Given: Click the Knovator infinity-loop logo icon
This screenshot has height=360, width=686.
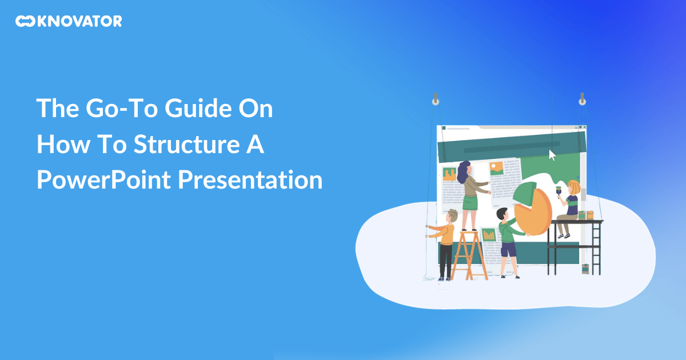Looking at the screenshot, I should coord(25,22).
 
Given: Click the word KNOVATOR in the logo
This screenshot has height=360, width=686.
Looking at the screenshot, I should coord(80,22).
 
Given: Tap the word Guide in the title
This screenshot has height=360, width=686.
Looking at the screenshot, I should coord(188,109).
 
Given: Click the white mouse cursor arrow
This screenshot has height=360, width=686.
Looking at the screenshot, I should coord(552,155).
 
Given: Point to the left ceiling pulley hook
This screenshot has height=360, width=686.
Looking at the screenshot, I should coord(435,101).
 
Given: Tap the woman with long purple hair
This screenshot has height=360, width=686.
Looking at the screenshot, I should coord(469,194).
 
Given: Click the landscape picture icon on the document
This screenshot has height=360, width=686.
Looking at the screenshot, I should coord(496,167).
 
